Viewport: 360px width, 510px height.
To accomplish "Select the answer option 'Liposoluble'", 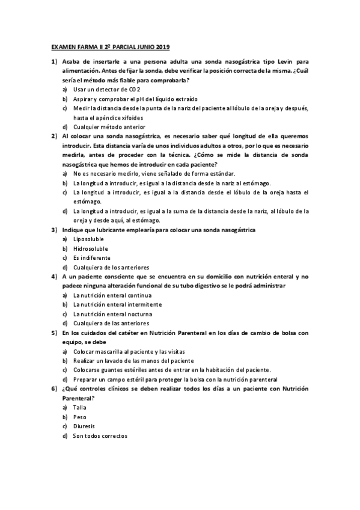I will coord(88,239).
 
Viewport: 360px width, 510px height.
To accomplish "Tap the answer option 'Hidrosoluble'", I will coord(90,248).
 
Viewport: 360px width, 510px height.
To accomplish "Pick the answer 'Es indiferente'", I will coord(92,257).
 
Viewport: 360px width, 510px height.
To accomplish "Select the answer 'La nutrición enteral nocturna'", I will coord(112,314).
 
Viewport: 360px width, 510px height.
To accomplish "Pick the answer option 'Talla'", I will coord(80,407).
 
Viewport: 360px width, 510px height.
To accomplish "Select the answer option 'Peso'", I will coord(80,417).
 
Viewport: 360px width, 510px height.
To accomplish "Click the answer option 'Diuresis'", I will coord(84,426).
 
